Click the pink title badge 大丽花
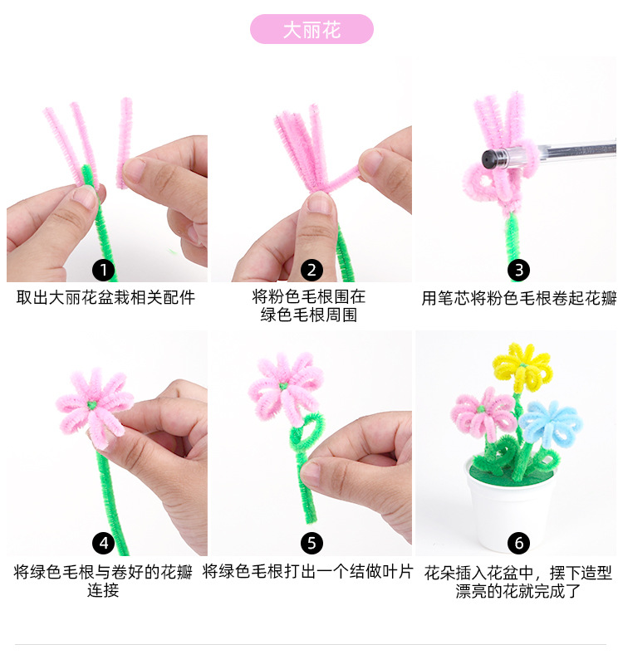311,30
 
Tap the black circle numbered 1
104,269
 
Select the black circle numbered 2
312,269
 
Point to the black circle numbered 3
519,269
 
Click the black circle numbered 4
104,543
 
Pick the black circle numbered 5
312,543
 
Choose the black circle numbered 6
519,543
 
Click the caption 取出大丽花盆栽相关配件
105,297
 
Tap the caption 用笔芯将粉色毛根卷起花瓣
518,297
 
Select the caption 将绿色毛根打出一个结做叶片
307,572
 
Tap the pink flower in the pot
483,411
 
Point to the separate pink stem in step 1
125,141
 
